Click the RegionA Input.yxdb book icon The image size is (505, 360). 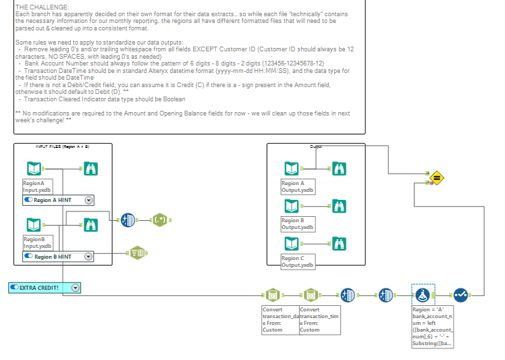click(x=33, y=168)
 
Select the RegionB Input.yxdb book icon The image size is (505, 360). click(x=33, y=225)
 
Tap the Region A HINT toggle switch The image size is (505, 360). click(x=28, y=200)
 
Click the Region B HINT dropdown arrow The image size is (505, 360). click(x=88, y=257)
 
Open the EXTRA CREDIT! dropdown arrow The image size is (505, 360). click(x=75, y=288)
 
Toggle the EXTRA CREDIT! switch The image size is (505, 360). click(x=14, y=288)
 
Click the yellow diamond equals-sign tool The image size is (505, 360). click(x=436, y=178)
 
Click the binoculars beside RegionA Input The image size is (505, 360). click(x=90, y=168)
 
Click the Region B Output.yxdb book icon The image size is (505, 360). click(x=291, y=205)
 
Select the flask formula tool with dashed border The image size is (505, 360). click(x=423, y=294)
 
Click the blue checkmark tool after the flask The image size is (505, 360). click(x=460, y=294)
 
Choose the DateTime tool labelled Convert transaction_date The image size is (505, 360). click(x=271, y=295)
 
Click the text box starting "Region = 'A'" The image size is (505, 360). click(x=433, y=326)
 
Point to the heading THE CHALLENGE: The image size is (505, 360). click(x=38, y=6)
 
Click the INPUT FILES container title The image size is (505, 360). click(x=63, y=146)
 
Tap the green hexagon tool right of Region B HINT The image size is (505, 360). click(x=138, y=253)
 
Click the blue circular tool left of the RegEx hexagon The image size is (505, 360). click(x=128, y=220)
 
